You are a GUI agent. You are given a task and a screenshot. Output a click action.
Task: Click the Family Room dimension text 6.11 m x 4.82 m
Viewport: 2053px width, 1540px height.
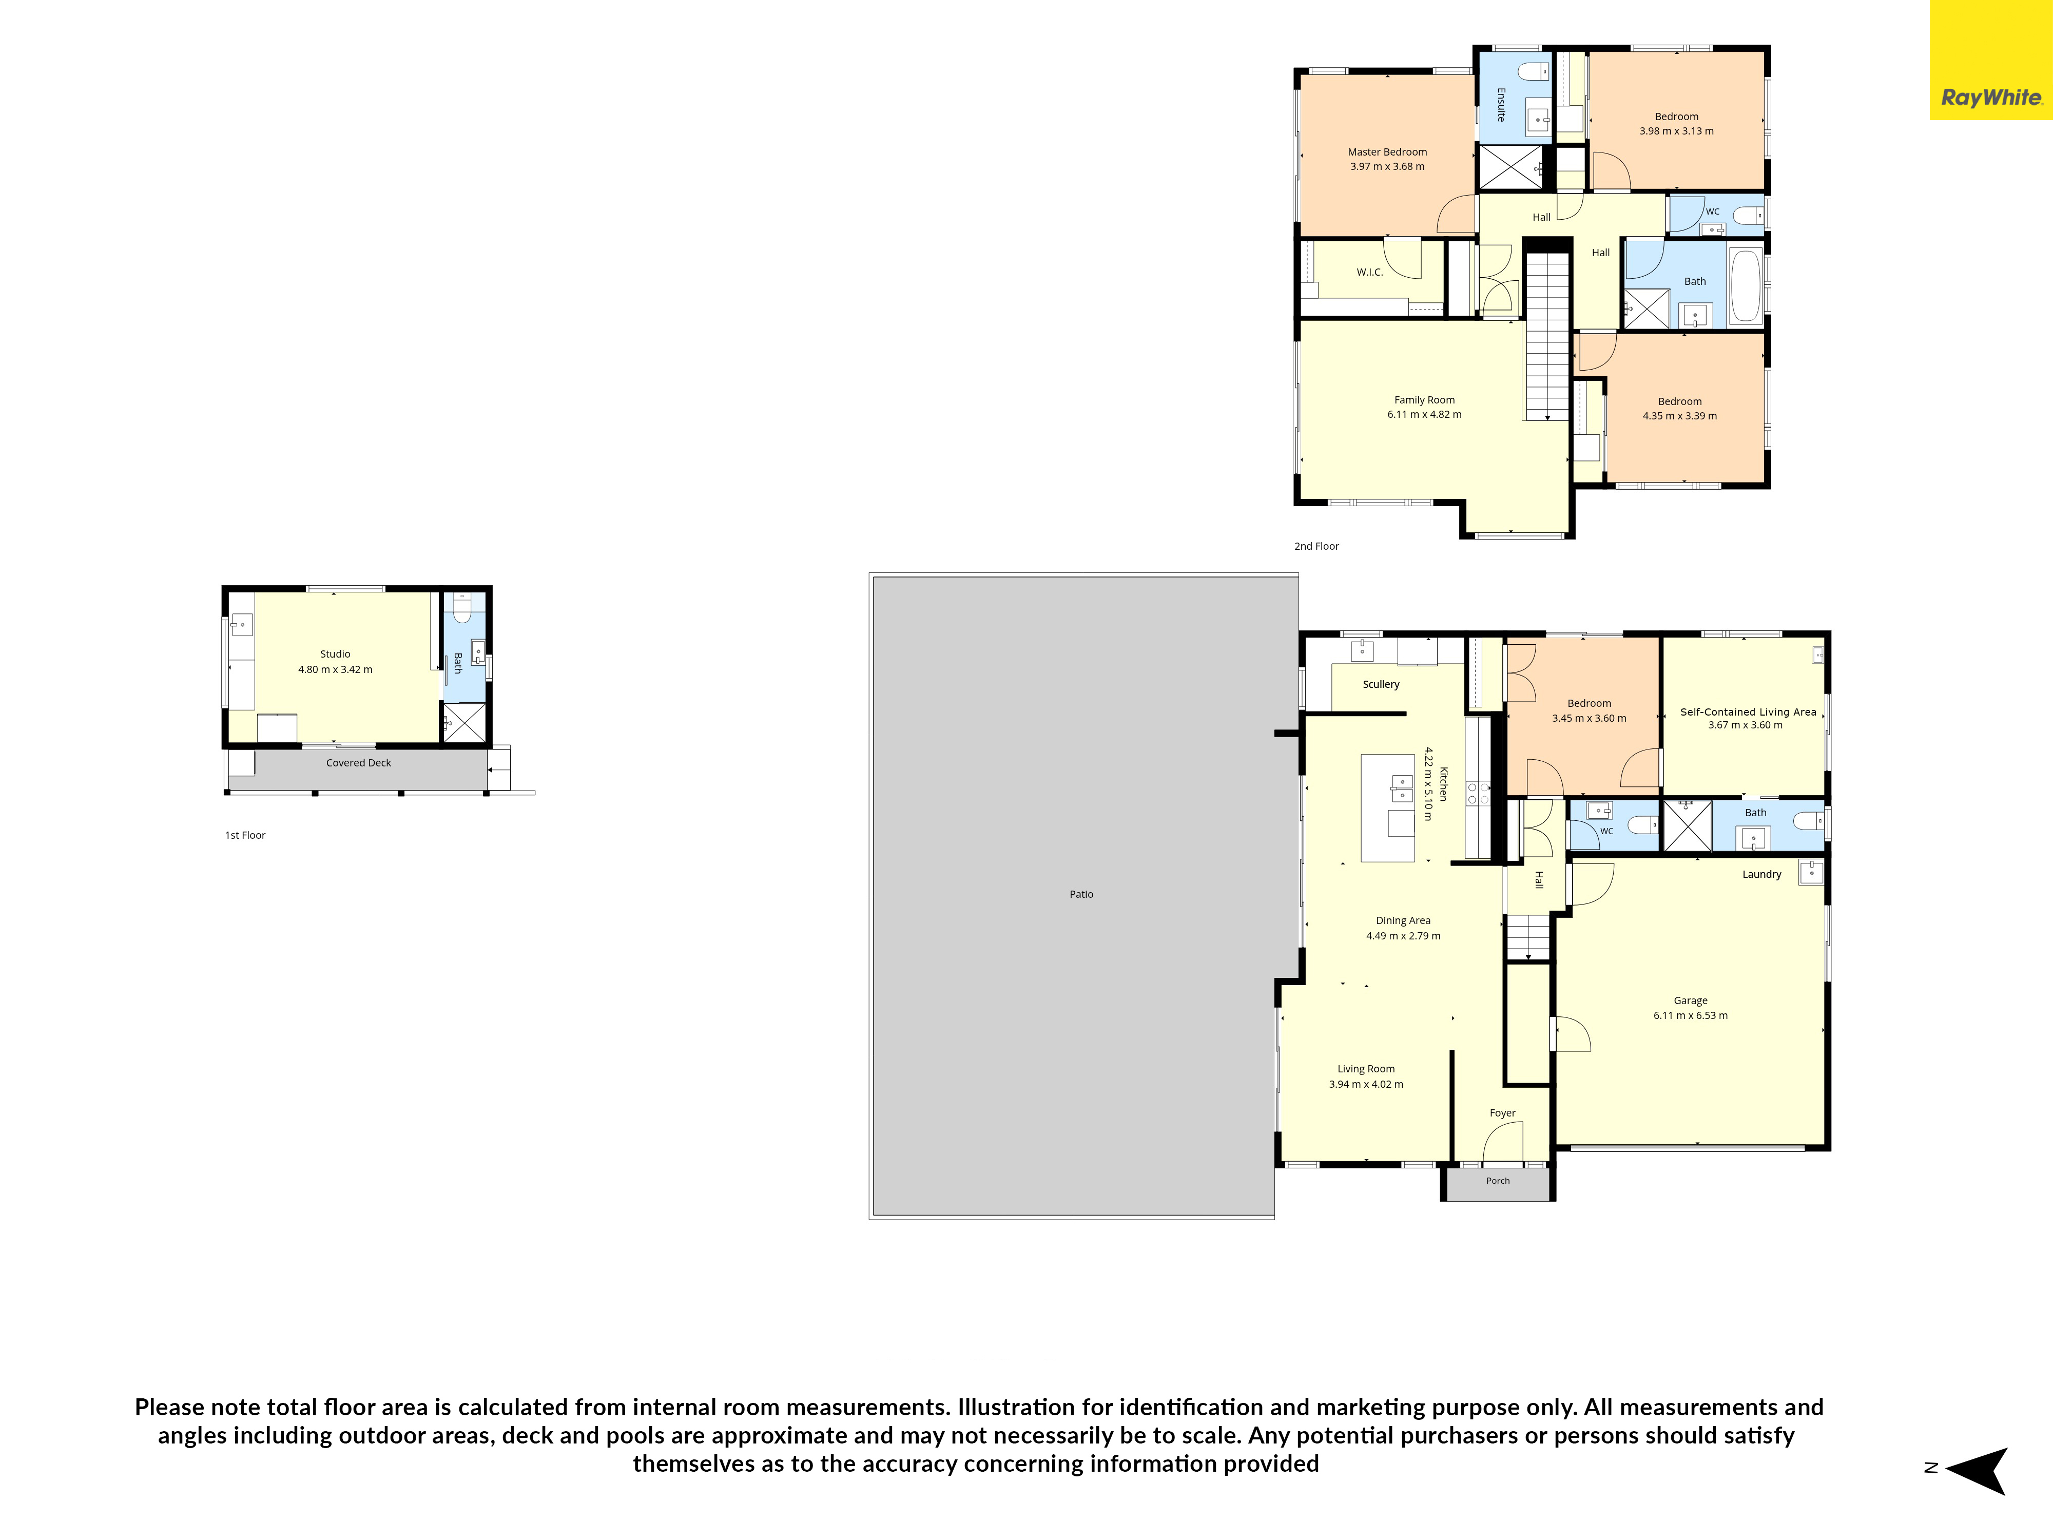[x=1425, y=415]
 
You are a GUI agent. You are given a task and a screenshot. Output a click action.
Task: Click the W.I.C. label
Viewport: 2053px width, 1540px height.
[x=1370, y=272]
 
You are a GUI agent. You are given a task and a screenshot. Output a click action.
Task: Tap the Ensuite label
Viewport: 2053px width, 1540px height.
[x=1501, y=105]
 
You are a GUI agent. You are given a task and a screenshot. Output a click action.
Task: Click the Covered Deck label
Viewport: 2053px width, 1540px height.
[x=358, y=763]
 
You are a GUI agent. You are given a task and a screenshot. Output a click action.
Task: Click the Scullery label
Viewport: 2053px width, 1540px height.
[x=1381, y=684]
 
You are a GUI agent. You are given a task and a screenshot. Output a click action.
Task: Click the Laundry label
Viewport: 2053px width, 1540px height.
[x=1761, y=874]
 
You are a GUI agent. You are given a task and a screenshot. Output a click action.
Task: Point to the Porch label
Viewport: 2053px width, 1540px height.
[x=1498, y=1181]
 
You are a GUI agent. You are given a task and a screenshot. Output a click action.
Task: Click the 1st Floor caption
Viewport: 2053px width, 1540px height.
[x=245, y=835]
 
